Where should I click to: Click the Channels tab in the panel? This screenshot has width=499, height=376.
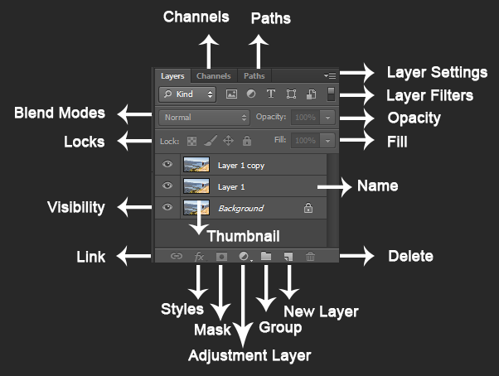pos(213,76)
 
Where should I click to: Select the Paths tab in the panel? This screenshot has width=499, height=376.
pos(254,76)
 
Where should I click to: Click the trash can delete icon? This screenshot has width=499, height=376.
pos(310,257)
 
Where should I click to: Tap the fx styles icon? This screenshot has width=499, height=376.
pos(199,257)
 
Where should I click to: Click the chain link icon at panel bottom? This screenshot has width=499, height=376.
pos(176,257)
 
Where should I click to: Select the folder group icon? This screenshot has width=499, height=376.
pos(266,257)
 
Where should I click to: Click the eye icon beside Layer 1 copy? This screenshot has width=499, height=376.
pos(167,165)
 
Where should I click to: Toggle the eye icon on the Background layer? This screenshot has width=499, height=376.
pos(167,207)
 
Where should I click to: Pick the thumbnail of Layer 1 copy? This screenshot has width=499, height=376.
pos(196,165)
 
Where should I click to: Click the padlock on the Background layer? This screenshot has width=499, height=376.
pos(308,208)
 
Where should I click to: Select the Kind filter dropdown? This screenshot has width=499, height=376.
pos(187,94)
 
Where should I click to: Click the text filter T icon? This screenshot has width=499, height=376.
pos(270,94)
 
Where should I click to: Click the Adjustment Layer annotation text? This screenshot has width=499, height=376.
pos(249,356)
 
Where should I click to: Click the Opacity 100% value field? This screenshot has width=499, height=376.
pos(305,118)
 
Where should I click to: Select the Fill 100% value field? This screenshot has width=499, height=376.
pos(305,141)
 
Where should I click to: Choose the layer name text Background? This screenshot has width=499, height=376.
pos(240,208)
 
